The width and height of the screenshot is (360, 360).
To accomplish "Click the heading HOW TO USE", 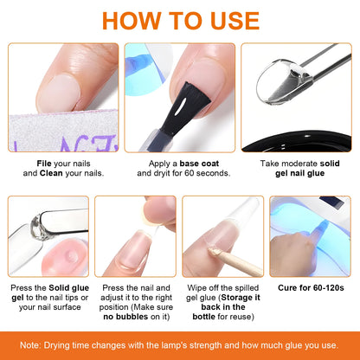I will pyautogui.click(x=180, y=21).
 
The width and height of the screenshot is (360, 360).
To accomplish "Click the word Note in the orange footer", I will pyautogui.click(x=34, y=344).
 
